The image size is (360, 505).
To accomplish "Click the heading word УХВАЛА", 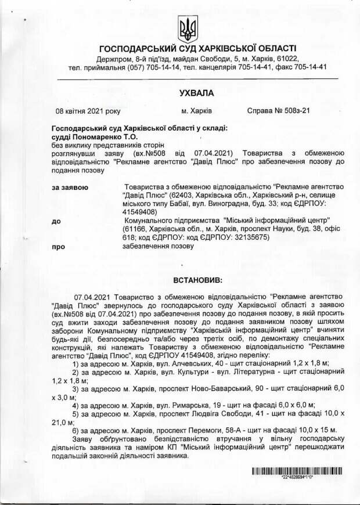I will [196, 93].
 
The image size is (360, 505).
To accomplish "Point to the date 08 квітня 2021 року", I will [88, 110].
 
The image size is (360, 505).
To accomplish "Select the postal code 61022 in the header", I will [287, 59].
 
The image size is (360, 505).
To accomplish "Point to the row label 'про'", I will [58, 246].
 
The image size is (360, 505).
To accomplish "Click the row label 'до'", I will [56, 221].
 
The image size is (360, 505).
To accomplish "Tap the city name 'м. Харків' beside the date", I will [196, 110].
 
